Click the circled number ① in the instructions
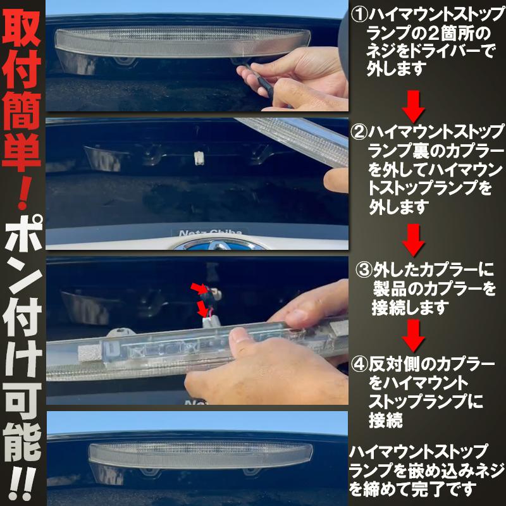pos(359,14)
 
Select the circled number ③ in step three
pos(364,270)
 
